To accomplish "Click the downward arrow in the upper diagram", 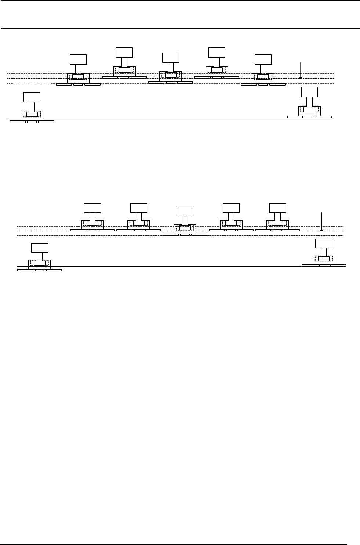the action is click(x=301, y=71).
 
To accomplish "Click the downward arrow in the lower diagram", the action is click(x=321, y=221).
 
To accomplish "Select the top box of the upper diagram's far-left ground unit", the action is click(x=32, y=97).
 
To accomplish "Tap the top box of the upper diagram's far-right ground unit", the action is click(x=309, y=92).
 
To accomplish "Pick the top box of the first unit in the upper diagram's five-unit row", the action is click(x=78, y=59).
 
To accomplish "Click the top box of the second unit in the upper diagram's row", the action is click(x=124, y=52).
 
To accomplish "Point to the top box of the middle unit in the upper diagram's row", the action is click(x=171, y=57).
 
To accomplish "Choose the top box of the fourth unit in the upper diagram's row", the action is click(x=217, y=52).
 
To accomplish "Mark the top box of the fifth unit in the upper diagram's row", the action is click(x=263, y=59).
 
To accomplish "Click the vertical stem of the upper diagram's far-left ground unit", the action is click(x=32, y=107).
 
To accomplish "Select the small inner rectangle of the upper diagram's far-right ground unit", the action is click(x=309, y=109).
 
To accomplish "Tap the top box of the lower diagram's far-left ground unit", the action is click(x=40, y=248).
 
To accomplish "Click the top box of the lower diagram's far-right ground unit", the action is click(x=324, y=243).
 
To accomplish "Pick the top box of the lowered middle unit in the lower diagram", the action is click(x=185, y=212).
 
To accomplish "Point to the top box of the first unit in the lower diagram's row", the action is click(x=92, y=207).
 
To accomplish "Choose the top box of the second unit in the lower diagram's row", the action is click(x=139, y=207).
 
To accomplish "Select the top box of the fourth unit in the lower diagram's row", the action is click(x=231, y=207).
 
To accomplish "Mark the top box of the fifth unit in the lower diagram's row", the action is click(x=277, y=207).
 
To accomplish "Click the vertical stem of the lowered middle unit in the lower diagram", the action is click(x=185, y=221).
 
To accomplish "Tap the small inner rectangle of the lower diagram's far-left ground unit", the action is click(x=40, y=263).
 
